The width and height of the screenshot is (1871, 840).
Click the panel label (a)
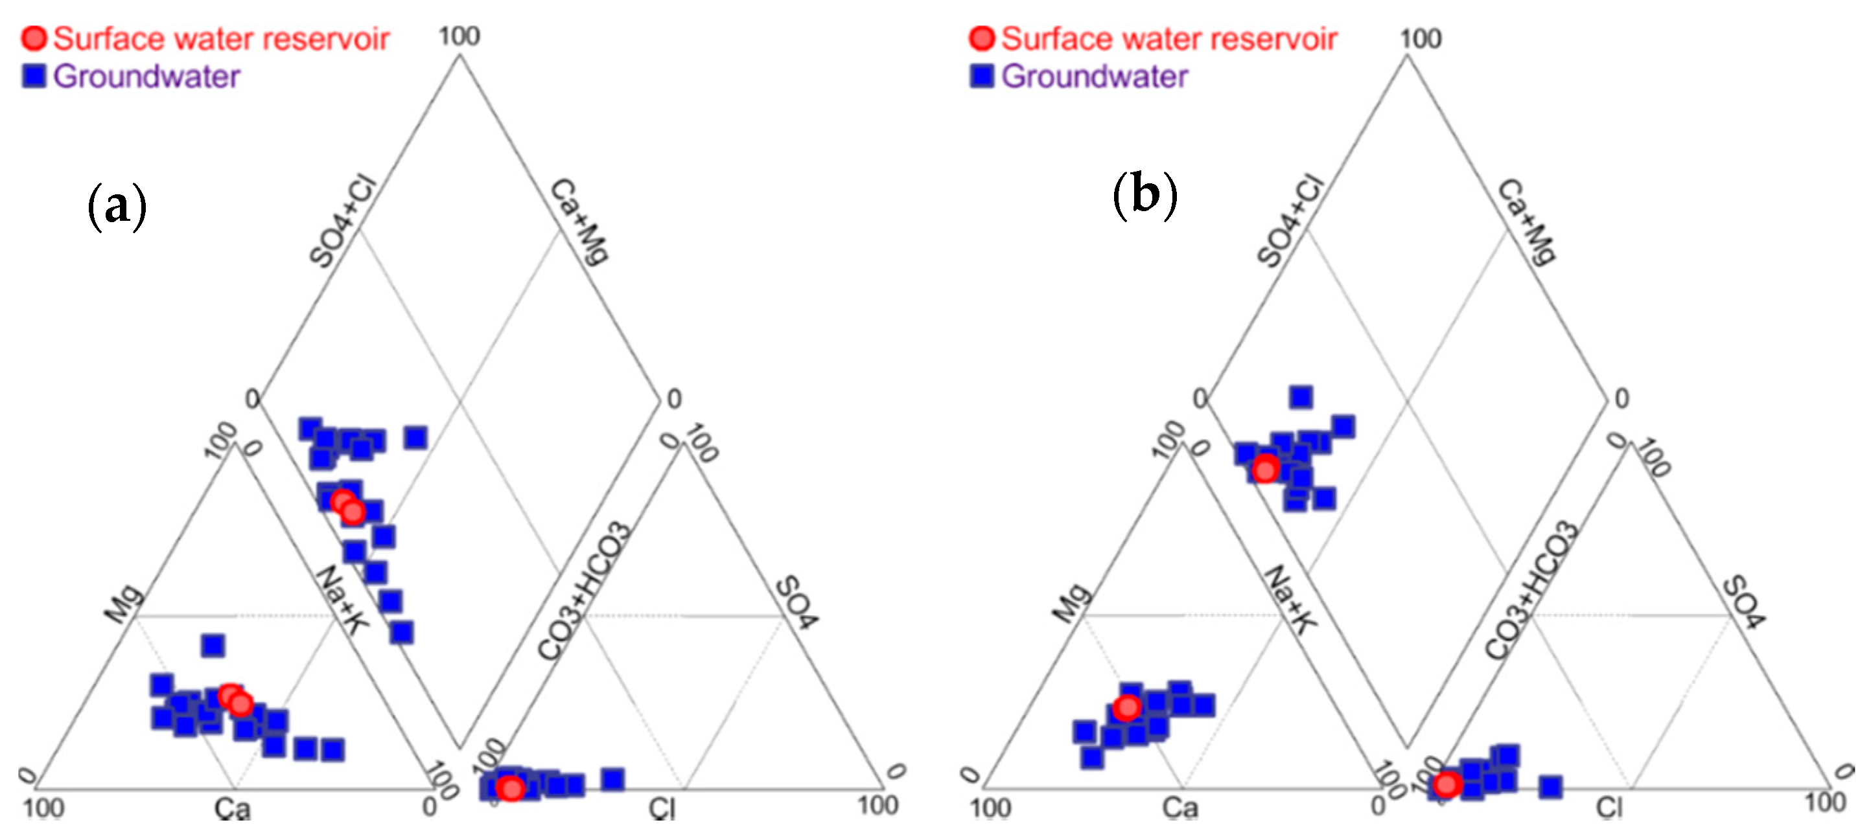(117, 206)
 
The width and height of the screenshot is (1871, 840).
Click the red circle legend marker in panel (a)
(34, 38)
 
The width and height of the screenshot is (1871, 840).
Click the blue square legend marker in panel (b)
(981, 76)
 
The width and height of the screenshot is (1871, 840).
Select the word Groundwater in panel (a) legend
(146, 76)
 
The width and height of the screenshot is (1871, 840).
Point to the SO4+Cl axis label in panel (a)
(343, 221)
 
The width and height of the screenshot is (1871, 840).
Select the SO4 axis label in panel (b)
(1744, 602)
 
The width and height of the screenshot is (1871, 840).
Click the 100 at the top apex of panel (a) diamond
(459, 36)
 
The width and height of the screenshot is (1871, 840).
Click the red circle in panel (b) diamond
(1265, 468)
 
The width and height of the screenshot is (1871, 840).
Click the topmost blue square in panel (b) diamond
(1300, 396)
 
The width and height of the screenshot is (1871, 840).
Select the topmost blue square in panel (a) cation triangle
(213, 644)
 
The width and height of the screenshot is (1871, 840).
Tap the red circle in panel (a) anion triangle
(511, 788)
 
